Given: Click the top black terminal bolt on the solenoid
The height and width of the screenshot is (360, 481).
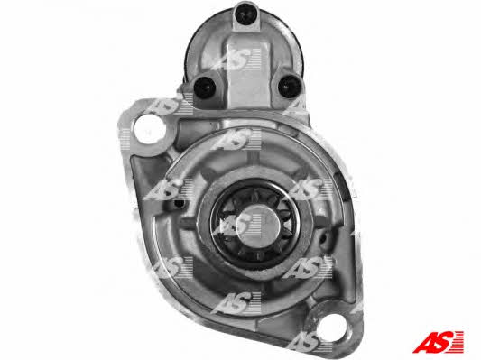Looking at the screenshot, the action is [246, 14].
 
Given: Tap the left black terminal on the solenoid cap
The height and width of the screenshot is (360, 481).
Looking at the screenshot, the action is [205, 88].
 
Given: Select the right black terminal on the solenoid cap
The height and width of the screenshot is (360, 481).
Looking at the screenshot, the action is [290, 87].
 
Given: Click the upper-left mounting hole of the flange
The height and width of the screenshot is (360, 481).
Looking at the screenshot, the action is [150, 129].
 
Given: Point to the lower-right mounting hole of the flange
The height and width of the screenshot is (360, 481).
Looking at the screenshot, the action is [333, 330].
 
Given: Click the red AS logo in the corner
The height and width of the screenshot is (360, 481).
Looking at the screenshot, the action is [439, 341].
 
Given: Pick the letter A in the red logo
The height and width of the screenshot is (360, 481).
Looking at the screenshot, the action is [425, 342].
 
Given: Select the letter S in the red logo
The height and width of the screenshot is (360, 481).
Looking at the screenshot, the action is [444, 342].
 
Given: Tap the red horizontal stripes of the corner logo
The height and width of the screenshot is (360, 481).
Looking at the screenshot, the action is [458, 341].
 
